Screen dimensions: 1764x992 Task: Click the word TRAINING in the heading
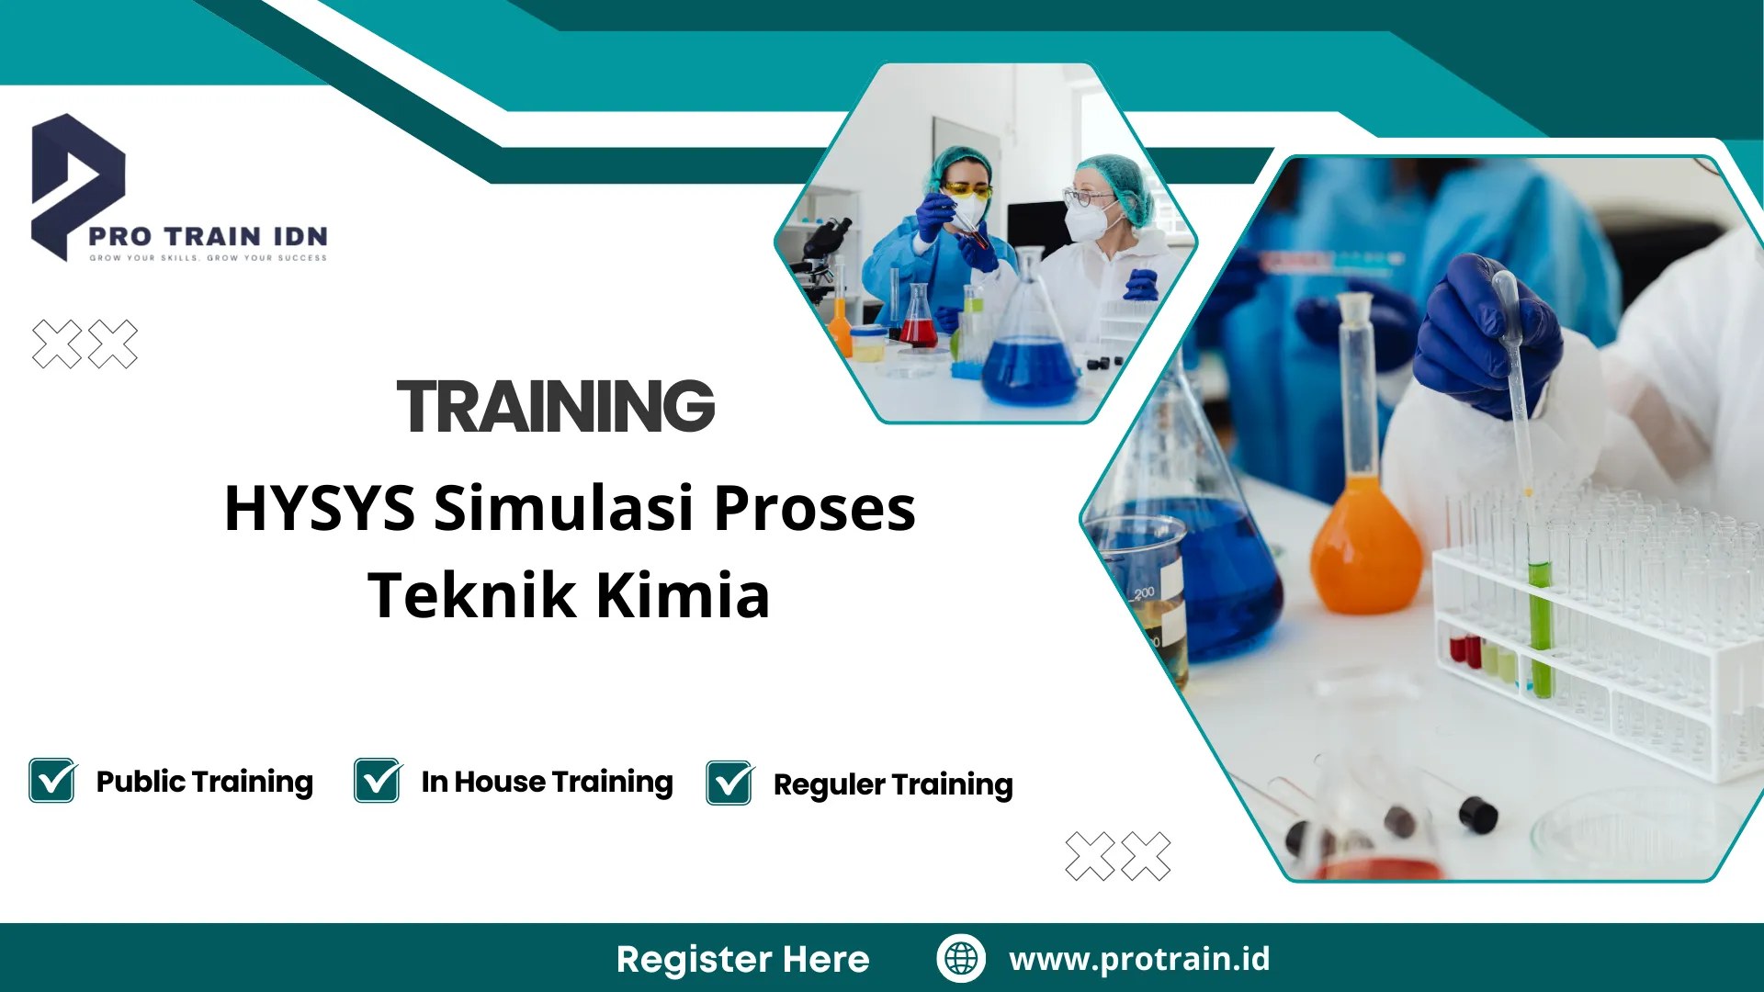[x=556, y=406]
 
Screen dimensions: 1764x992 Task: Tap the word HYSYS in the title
[x=320, y=508]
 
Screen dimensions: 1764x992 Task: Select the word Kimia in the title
[x=683, y=595]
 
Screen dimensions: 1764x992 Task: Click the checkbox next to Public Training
[x=52, y=780]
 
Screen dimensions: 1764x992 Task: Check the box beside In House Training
[x=378, y=780]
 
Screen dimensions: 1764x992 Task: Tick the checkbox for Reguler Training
[x=730, y=783]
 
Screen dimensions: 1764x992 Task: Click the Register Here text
[x=742, y=959]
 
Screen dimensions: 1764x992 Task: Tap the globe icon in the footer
[x=961, y=958]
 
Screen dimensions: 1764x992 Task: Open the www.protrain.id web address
[x=1139, y=959]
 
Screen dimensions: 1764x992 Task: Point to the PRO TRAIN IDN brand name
[x=208, y=236]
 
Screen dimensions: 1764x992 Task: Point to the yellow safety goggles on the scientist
[x=967, y=191]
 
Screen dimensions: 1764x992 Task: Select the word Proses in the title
[x=814, y=508]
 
